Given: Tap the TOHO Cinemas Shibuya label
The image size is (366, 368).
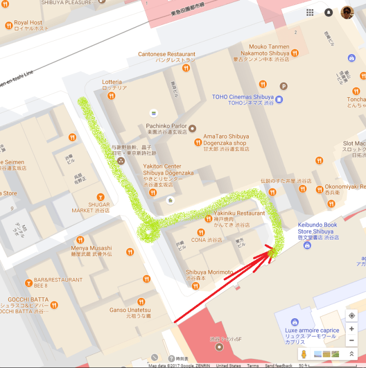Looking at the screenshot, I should coord(242,97).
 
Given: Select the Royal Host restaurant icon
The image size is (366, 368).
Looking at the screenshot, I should coord(8,25).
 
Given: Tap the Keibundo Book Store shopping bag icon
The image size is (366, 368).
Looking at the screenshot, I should coord(307,245).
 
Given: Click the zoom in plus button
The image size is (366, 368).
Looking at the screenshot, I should coord(351,329).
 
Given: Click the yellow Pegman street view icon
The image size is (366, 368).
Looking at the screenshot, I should coord(303,354).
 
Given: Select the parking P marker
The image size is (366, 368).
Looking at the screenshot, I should coord(284,87).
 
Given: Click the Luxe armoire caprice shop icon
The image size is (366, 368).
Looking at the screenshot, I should coord(294,322).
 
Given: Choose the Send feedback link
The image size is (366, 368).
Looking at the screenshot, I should coord(279,365).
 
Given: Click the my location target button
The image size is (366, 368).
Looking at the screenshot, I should coord(351,316).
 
